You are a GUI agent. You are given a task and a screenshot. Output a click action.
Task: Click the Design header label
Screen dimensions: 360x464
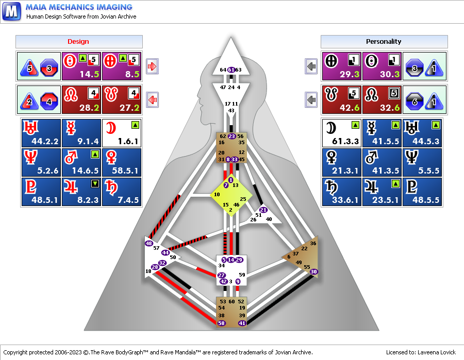coord(78,42)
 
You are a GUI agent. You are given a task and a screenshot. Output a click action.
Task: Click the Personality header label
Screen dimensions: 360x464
coord(384,42)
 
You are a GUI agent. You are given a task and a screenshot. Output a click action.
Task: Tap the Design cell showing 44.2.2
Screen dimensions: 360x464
coord(41,133)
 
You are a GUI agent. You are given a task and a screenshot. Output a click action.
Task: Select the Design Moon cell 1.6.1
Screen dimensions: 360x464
coord(122,133)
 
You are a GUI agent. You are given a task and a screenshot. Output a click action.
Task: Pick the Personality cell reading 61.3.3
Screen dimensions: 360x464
coord(341,133)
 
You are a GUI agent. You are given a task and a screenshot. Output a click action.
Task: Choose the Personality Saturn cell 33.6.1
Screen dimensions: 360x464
coord(341,192)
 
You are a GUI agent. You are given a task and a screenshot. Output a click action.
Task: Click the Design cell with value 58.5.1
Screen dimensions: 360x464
coord(122,162)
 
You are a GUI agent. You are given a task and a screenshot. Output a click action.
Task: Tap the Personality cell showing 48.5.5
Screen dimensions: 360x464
coord(422,192)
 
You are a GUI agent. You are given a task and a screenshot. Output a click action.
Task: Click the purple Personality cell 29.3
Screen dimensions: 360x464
coord(342,66)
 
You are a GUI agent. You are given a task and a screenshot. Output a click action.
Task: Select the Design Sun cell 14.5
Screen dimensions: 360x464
coord(81,66)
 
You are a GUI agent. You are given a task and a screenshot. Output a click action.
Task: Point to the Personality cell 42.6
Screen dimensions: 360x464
coord(342,99)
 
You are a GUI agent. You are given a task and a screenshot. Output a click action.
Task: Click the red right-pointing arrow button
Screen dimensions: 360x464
coord(153,66)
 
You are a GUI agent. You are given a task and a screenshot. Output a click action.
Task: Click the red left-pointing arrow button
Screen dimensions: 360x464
coord(153,99)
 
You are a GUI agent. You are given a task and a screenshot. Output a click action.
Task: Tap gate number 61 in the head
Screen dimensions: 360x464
coord(231,70)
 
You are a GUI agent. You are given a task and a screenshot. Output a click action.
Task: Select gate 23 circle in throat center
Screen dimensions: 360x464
coord(231,136)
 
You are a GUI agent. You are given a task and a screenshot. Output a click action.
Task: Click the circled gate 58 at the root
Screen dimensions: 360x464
coord(222,323)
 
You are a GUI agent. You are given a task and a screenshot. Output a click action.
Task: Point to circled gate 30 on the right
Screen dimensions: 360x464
coord(314,271)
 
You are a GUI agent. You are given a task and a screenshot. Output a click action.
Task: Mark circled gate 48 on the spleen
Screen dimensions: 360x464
coord(149,243)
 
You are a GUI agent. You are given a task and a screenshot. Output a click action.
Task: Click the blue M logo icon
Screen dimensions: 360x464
coord(11,11)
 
